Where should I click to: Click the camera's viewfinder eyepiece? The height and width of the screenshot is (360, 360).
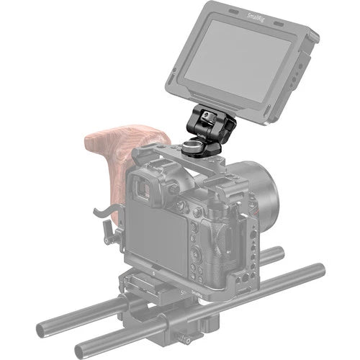[144, 188]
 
